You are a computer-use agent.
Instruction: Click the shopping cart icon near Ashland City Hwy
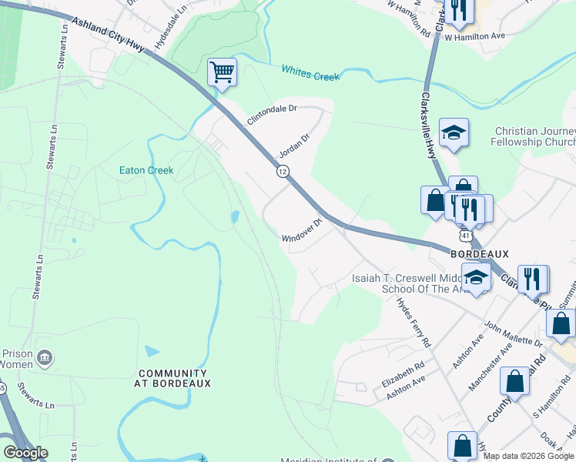[222, 73]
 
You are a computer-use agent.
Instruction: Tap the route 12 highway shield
[283, 172]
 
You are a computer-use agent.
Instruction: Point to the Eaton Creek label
[146, 170]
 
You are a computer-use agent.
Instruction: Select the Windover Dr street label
[300, 233]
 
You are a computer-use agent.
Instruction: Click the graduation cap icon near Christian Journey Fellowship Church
[454, 133]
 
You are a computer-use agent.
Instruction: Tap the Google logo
[25, 453]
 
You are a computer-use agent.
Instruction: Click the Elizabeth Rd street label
[404, 375]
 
